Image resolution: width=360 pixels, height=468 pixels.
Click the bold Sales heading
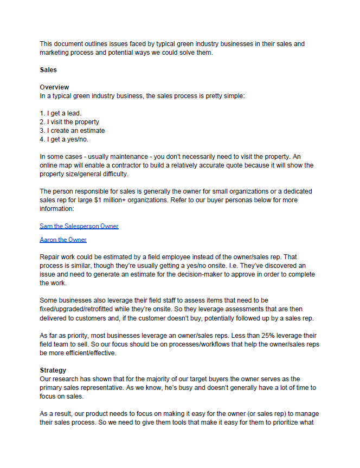pyautogui.click(x=48, y=70)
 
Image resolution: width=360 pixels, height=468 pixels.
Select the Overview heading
pyautogui.click(x=54, y=87)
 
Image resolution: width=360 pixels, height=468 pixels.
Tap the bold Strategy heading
pyautogui.click(x=53, y=370)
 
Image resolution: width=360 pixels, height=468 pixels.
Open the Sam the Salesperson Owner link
pyautogui.click(x=79, y=226)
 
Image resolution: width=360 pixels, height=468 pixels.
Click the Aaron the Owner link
pyautogui.click(x=63, y=240)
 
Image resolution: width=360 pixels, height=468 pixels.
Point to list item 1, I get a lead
pyautogui.click(x=61, y=113)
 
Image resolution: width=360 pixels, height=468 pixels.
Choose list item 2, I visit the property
pyautogui.click(x=69, y=122)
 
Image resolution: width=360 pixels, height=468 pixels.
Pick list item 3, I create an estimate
pyautogui.click(x=73, y=131)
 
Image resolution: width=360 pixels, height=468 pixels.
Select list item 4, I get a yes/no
pyautogui.click(x=65, y=139)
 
